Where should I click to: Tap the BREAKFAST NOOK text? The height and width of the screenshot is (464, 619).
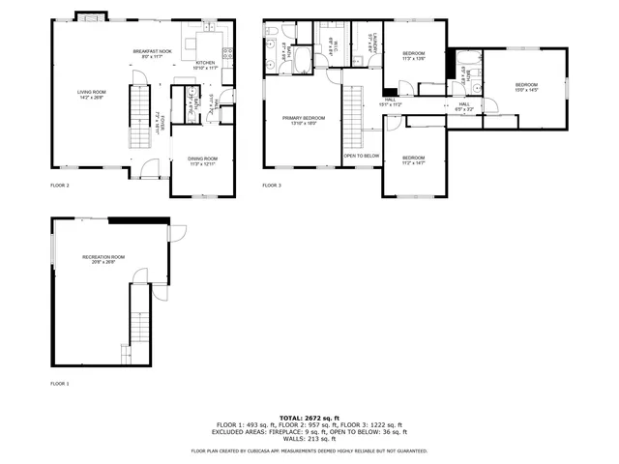[152, 53]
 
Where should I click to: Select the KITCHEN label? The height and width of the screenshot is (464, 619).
[205, 64]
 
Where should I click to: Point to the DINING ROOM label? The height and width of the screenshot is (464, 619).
[202, 160]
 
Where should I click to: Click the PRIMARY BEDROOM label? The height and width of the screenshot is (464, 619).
[303, 120]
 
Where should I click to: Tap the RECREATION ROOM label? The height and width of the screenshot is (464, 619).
[103, 258]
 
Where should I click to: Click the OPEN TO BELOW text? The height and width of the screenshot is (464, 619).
[360, 155]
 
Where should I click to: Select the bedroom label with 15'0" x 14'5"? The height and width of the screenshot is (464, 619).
[525, 86]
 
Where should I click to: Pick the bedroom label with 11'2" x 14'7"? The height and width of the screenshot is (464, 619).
[413, 159]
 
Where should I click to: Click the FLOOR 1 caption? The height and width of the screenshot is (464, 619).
[60, 384]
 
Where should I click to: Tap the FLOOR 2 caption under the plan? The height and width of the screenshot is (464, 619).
[60, 184]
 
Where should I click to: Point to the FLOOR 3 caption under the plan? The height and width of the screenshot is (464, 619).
[272, 184]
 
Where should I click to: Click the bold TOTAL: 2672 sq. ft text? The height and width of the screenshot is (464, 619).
[309, 417]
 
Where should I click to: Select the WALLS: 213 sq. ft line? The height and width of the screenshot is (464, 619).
[309, 441]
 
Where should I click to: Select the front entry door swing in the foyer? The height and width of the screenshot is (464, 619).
[150, 171]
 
